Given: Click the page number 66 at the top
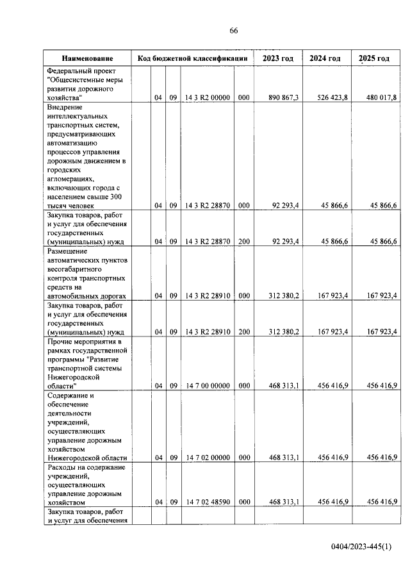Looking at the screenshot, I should (x=234, y=31).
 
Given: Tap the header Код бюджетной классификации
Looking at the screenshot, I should (x=192, y=58).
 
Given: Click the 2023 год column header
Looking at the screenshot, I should (x=278, y=58).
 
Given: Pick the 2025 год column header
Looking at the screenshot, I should (x=374, y=58).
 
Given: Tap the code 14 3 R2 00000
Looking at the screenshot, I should (x=207, y=97).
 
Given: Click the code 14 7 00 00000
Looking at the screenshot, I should (x=207, y=386).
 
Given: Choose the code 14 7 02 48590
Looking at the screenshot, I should (x=207, y=502).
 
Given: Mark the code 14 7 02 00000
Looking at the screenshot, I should (x=207, y=457).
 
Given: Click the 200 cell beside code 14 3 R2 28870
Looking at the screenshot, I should (x=243, y=242).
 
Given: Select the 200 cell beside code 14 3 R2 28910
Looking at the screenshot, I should (x=243, y=332).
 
